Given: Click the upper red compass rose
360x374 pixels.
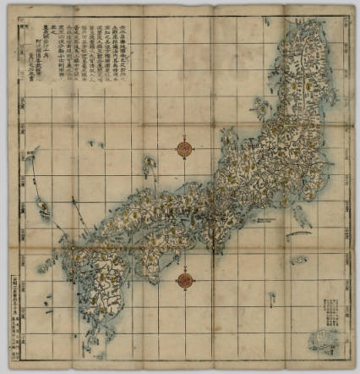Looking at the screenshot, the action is point(184,150).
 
